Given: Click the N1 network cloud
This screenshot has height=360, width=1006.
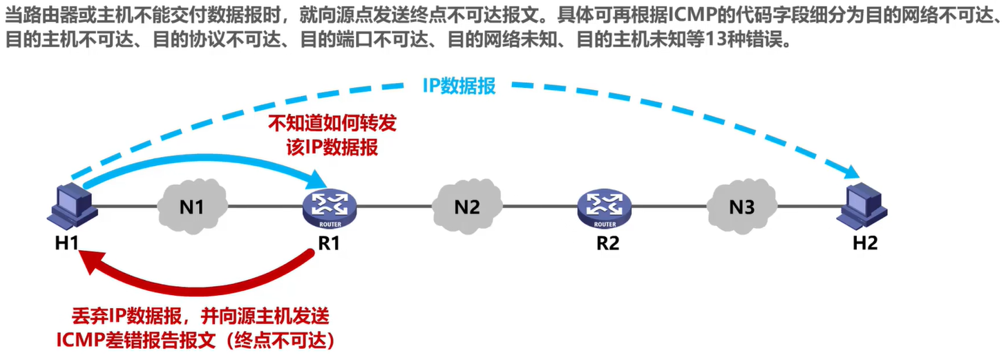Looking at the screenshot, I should tap(191, 205).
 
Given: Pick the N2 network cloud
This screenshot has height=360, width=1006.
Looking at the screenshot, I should tap(466, 205).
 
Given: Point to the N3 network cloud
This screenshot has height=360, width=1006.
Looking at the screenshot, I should tap(741, 205).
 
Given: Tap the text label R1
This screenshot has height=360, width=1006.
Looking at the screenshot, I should tap(328, 243).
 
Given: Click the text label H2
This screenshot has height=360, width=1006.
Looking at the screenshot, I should tap(864, 243).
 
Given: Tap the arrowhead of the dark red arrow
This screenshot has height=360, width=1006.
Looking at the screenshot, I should tap(87, 260).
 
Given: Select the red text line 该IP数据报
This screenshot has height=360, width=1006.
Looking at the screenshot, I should tap(332, 146).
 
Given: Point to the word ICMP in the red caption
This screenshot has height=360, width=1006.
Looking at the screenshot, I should tap(79, 339).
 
